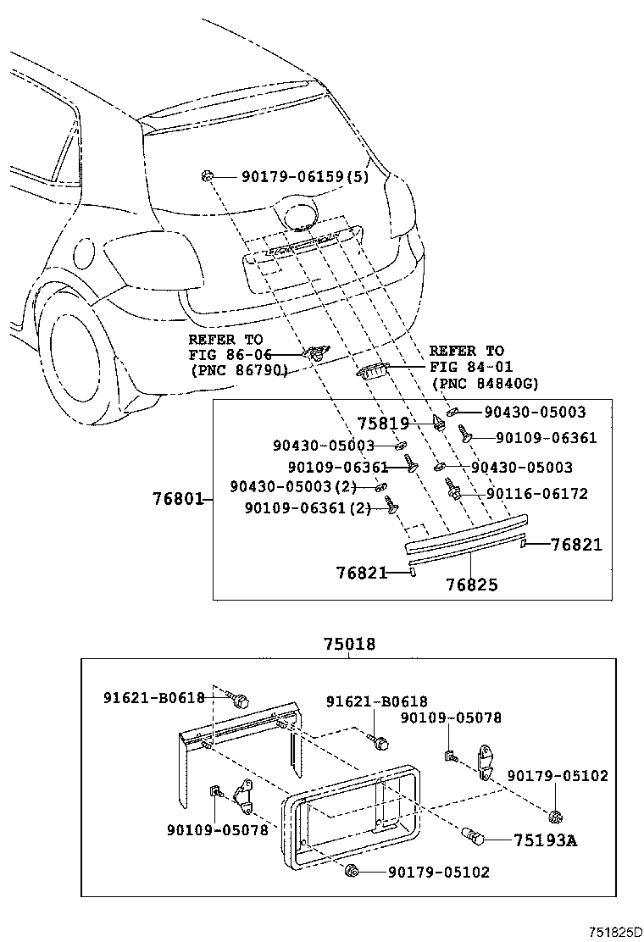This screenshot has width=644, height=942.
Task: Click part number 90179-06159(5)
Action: pos(304,177)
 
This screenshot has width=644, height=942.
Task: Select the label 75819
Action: pos(383,423)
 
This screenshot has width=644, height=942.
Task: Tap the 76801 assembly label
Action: pos(178,499)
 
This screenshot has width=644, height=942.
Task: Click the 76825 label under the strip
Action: pos(472,585)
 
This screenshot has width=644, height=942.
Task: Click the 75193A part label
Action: pos(546,840)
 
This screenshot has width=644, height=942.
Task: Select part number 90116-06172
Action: pos(536,493)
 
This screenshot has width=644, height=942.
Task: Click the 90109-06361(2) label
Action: pos(307,507)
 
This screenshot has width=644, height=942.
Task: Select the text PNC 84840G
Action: pos(485,384)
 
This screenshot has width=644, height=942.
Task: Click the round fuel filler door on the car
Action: pos(85,253)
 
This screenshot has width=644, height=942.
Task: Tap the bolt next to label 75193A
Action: pos(474,839)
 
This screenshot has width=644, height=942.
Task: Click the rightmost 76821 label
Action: pos(576,544)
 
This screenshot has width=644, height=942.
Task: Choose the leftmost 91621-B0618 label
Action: pos(154,697)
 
